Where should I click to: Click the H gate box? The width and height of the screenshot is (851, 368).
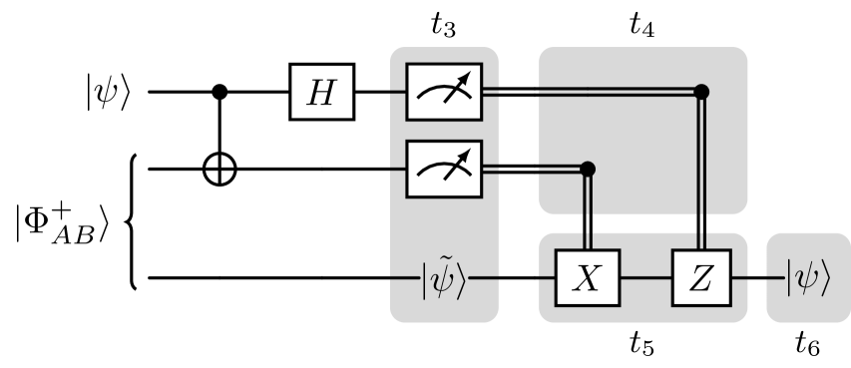pyautogui.click(x=321, y=92)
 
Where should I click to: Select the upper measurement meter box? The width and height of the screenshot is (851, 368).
pyautogui.click(x=444, y=92)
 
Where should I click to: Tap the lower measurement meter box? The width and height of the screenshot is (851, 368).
pyautogui.click(x=444, y=170)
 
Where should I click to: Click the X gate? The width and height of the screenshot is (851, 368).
pyautogui.click(x=589, y=278)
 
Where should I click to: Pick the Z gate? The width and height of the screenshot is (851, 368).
pyautogui.click(x=701, y=278)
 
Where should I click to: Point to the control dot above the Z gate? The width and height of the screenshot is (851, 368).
pyautogui.click(x=701, y=92)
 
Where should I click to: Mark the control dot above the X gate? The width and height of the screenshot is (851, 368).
pyautogui.click(x=589, y=170)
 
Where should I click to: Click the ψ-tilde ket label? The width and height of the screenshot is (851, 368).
pyautogui.click(x=443, y=278)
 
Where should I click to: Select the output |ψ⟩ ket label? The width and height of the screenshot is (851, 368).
pyautogui.click(x=807, y=278)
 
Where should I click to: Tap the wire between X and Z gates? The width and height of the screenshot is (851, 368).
pyautogui.click(x=645, y=278)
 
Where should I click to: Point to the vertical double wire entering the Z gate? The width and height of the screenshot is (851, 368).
pyautogui.click(x=701, y=170)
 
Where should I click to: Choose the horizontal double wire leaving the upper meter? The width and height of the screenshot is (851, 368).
pyautogui.click(x=599, y=92)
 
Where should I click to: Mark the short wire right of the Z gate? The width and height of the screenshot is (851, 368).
pyautogui.click(x=739, y=278)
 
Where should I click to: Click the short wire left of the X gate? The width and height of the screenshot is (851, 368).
pyautogui.click(x=548, y=278)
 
